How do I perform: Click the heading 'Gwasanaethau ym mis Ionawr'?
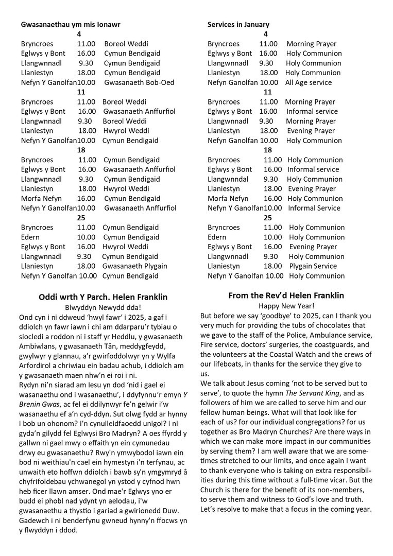pos(71,24)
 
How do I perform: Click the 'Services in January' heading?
pos(238,24)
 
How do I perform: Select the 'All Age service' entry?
pos(309,82)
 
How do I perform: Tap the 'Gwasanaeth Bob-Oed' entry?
pos(139,82)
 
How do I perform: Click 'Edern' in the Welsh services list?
pos(30,237)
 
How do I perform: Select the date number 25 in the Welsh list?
pos(81,218)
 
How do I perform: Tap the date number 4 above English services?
pos(265,34)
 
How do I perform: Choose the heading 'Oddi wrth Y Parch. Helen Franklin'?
pos(103,297)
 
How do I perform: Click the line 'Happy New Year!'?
pos(286,306)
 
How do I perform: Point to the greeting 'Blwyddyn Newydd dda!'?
pos(103,307)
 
